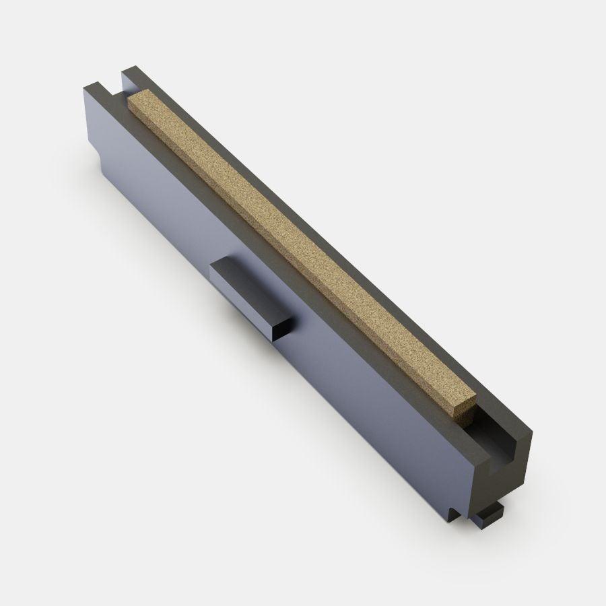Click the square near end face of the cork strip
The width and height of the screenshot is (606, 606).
(x=464, y=411)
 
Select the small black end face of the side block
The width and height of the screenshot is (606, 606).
(x=281, y=327)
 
